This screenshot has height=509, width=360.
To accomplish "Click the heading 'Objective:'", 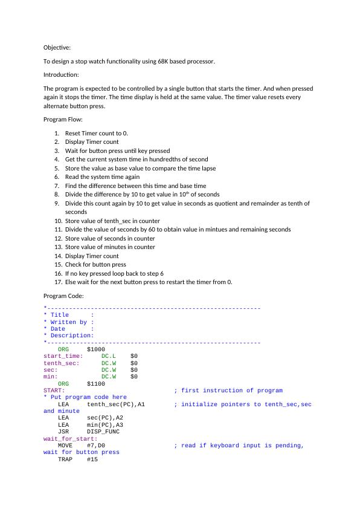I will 57,47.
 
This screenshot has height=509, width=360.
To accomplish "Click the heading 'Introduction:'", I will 61,75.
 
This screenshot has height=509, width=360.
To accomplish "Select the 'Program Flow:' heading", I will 63,120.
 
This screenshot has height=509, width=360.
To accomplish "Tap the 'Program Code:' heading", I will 63,296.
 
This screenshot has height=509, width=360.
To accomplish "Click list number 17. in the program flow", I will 58,282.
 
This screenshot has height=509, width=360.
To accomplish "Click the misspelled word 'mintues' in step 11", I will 223,230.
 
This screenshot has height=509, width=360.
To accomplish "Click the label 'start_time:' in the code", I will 63,356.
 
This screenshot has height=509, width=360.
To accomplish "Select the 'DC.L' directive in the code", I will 109,356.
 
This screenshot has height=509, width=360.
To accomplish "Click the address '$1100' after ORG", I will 96,383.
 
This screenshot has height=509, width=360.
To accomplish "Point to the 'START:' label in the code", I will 54,391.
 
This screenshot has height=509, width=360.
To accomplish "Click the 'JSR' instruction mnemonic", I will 63,432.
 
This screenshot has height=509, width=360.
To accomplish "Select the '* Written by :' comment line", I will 69,322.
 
